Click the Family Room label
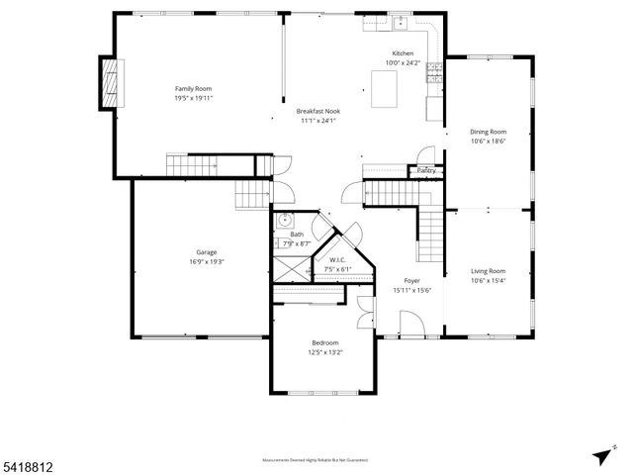(x=194, y=88)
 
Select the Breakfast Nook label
(x=317, y=111)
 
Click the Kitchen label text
(x=403, y=52)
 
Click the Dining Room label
(x=488, y=132)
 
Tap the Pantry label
(x=426, y=170)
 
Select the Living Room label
(x=488, y=270)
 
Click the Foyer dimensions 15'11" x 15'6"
(x=412, y=290)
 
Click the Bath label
(x=297, y=234)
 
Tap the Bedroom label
(x=324, y=342)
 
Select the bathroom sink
(x=284, y=221)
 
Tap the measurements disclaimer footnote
(x=315, y=460)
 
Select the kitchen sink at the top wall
(x=402, y=21)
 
